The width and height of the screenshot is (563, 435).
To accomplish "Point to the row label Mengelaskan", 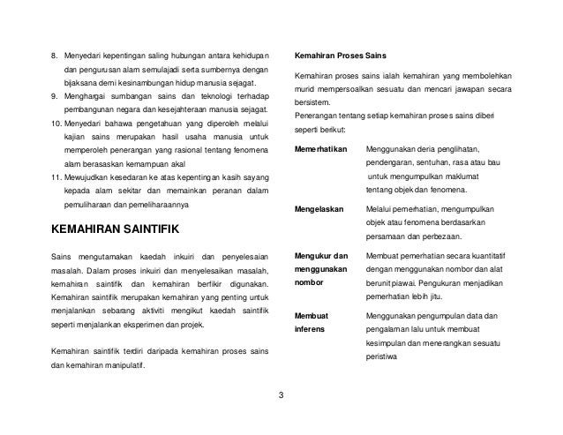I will point(320,209).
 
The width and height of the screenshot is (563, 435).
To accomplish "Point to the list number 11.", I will point(57,180).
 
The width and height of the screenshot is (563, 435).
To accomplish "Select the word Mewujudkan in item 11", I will point(90,180).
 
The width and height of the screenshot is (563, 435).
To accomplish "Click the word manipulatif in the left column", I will point(122,368).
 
